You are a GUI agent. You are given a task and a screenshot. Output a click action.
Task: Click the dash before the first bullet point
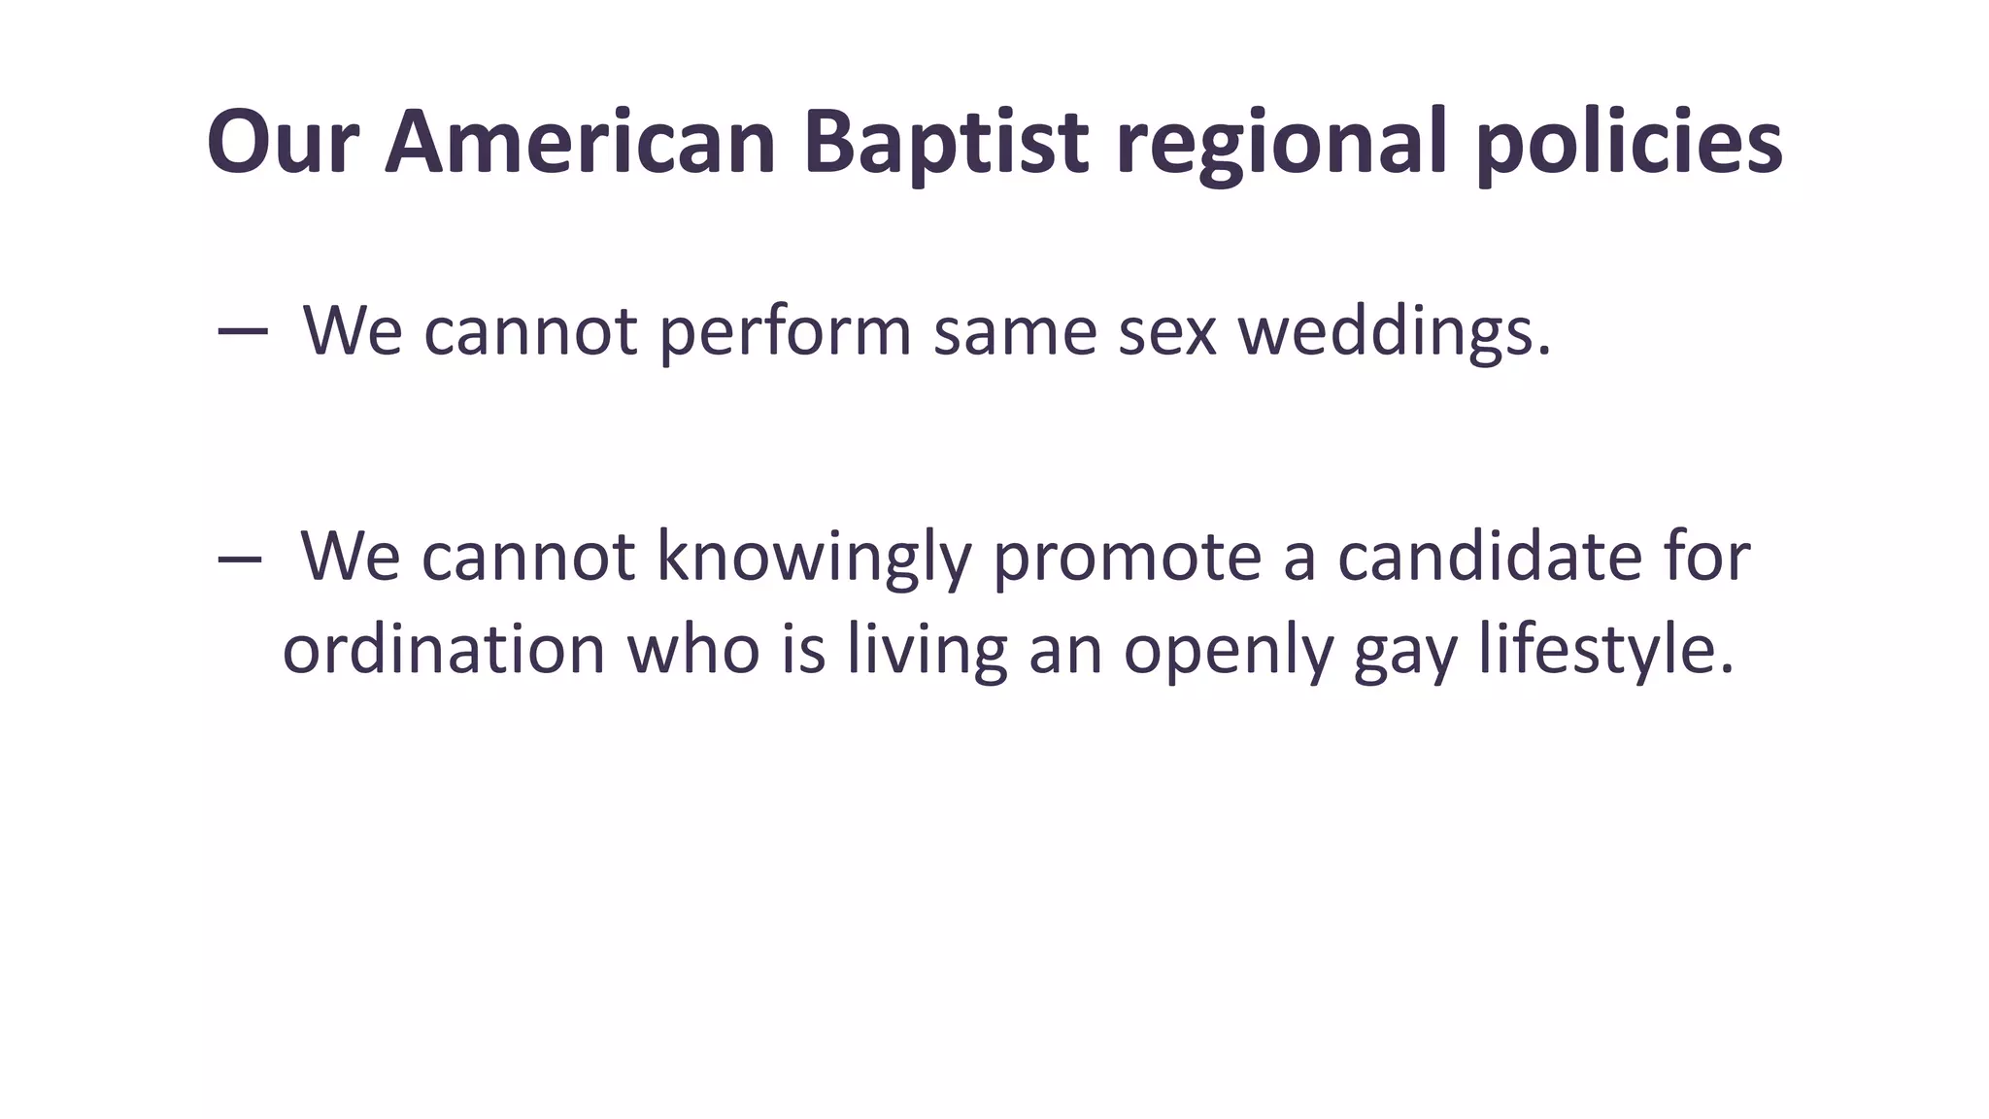pyautogui.click(x=243, y=331)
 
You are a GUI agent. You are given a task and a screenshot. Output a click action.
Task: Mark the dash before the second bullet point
pyautogui.click(x=240, y=558)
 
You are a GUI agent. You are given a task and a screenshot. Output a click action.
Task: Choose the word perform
pyautogui.click(x=785, y=331)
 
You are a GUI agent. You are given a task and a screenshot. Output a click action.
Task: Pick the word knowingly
pyautogui.click(x=814, y=558)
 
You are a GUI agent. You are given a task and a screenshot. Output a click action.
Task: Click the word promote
pyautogui.click(x=1126, y=558)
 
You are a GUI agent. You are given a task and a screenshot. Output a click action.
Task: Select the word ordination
pyautogui.click(x=444, y=649)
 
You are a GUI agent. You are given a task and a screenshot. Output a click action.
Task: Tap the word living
pyautogui.click(x=927, y=649)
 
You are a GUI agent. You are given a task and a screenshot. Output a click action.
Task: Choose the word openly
pyautogui.click(x=1228, y=649)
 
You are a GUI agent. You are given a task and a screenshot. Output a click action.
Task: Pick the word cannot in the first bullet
pyautogui.click(x=530, y=331)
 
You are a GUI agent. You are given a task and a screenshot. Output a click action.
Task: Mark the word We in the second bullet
pyautogui.click(x=351, y=558)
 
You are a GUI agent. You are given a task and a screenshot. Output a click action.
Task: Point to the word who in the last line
pyautogui.click(x=693, y=649)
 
